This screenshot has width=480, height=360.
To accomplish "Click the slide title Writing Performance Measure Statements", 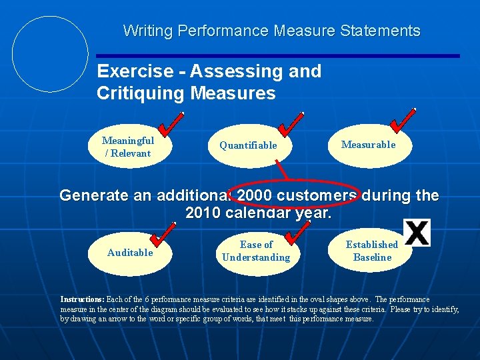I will (271, 31).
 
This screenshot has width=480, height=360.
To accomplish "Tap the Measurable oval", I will (368, 145).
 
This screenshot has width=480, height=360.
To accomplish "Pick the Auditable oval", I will (130, 253).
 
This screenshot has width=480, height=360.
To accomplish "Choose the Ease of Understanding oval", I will (256, 251).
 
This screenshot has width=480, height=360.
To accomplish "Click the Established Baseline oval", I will (371, 251).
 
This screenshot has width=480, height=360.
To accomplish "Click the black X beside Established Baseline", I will (417, 233).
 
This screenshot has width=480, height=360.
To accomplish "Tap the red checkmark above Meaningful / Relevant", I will (172, 123).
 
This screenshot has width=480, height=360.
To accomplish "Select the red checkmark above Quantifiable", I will (291, 123).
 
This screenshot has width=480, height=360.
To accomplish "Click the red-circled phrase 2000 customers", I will (289, 195).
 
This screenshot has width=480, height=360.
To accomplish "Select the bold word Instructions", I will (82, 299).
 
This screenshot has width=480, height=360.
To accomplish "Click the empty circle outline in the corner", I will (50, 53).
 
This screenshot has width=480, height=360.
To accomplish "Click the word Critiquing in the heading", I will (141, 93).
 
